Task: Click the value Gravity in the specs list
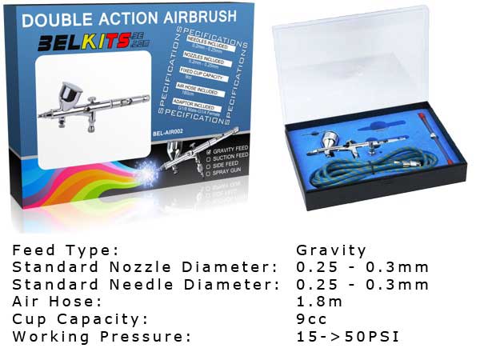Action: point(331,250)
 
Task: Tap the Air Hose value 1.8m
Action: point(319,302)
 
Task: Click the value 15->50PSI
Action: point(347,336)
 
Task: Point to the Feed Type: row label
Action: point(66,250)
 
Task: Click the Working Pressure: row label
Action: point(102,336)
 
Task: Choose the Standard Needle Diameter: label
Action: point(144,285)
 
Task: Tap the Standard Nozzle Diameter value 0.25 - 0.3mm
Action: point(362,267)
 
